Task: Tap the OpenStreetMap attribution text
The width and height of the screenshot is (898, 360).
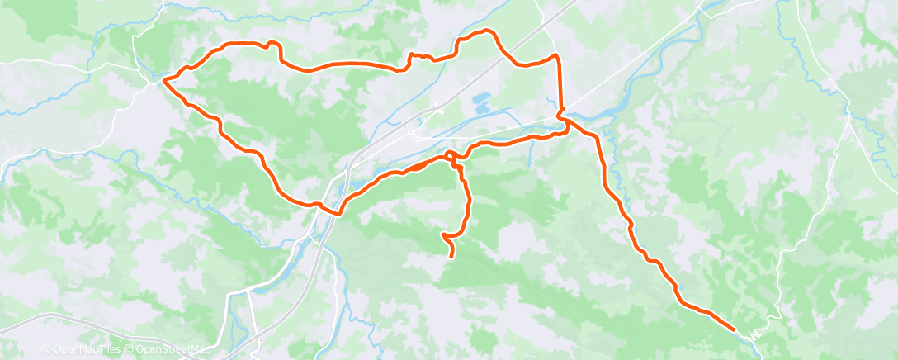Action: pos(168,349)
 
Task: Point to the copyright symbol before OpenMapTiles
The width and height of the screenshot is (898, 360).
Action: pos(45,349)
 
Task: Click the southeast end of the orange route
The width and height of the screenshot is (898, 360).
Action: pos(734,329)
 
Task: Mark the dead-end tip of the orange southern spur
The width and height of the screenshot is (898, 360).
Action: pos(451,257)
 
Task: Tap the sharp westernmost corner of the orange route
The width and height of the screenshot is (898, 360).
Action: pos(163,80)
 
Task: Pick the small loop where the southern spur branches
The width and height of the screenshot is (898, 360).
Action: pos(451,156)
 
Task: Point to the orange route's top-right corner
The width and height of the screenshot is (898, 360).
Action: pos(557,56)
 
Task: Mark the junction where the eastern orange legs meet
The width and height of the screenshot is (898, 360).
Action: pos(563,118)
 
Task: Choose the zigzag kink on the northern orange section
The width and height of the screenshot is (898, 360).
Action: pos(412,57)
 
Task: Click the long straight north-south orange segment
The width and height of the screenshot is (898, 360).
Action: pos(560,87)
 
